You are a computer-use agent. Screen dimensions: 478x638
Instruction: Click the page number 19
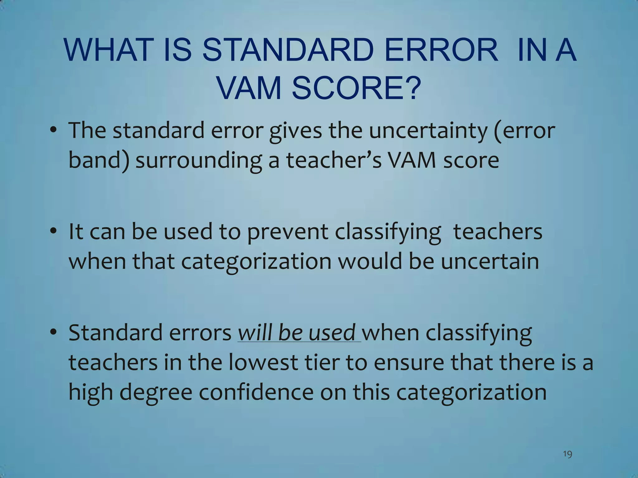point(568,454)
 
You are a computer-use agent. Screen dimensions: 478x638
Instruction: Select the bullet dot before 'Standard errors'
point(54,332)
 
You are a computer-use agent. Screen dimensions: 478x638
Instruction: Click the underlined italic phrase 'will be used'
point(297,332)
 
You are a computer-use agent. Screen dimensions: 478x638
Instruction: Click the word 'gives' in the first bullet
point(295,131)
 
